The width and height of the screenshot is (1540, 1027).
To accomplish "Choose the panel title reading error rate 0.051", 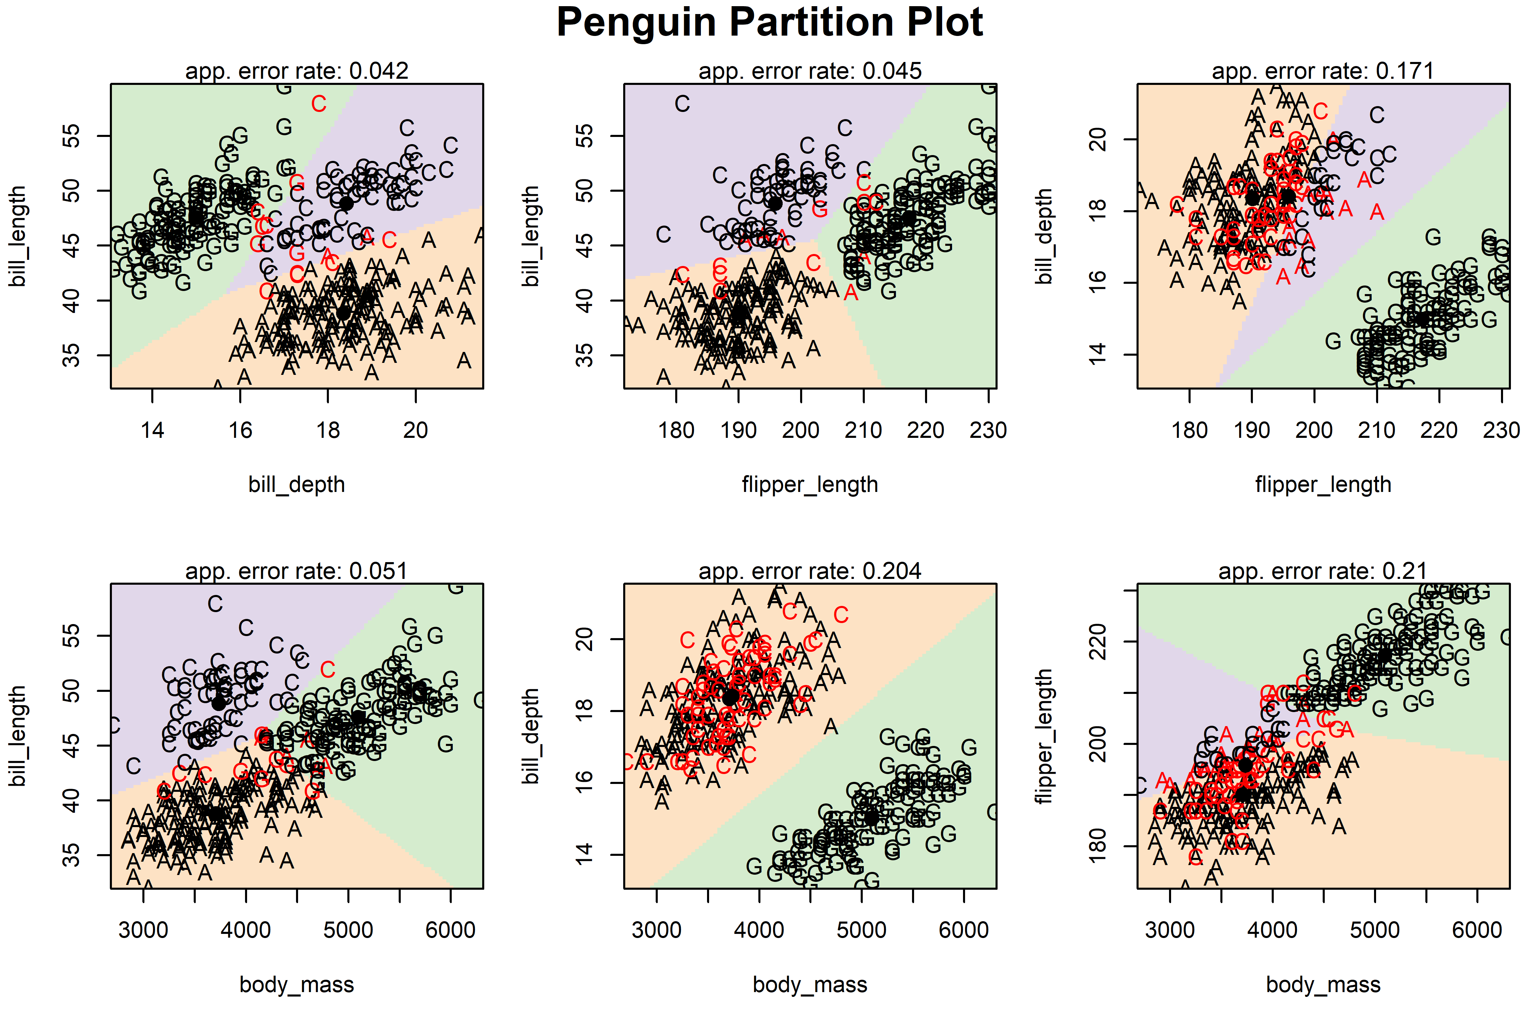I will (297, 571).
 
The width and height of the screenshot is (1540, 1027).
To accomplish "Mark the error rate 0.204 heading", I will (810, 571).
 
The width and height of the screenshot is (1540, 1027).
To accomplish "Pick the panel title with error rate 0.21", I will (1323, 571).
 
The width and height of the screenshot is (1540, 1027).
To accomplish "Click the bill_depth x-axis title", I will (297, 485).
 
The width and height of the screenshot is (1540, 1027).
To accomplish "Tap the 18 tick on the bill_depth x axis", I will (328, 430).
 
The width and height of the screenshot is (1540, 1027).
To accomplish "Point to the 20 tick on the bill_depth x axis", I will (416, 430).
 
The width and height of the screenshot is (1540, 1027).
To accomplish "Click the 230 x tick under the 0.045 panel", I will (988, 430).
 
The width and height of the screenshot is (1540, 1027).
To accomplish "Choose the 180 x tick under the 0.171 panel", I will (1190, 430).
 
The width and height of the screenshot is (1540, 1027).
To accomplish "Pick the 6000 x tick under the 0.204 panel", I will (963, 930).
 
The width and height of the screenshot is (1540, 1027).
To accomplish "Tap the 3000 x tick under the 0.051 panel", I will (143, 930).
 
